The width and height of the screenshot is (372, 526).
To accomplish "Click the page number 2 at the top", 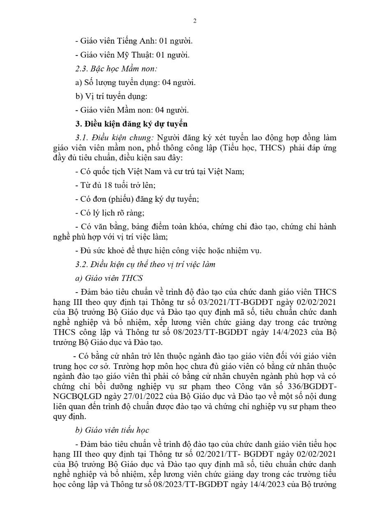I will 194,21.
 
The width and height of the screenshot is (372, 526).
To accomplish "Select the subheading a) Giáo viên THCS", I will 109,278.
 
